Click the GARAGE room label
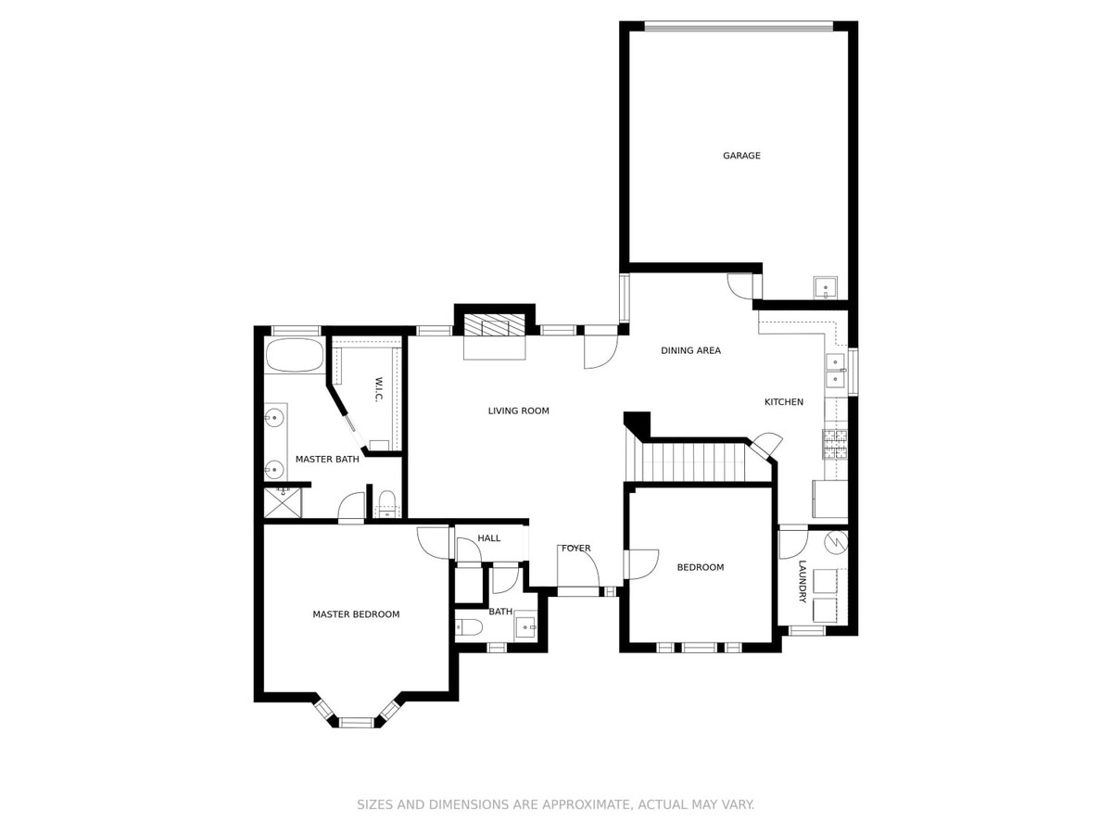pyautogui.click(x=741, y=156)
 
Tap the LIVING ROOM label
pyautogui.click(x=518, y=411)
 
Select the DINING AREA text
pyautogui.click(x=690, y=350)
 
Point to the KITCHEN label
pyautogui.click(x=784, y=402)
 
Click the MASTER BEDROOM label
pyautogui.click(x=356, y=614)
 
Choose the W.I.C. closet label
pyautogui.click(x=378, y=389)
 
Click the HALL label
pyautogui.click(x=489, y=538)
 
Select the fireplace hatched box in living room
pyautogui.click(x=495, y=324)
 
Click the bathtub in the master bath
pyautogui.click(x=295, y=355)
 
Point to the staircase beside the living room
pyautogui.click(x=686, y=460)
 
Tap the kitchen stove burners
pyautogui.click(x=835, y=444)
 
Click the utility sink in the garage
pyautogui.click(x=826, y=287)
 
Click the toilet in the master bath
pyautogui.click(x=387, y=503)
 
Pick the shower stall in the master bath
pyautogui.click(x=283, y=502)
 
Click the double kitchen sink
pyautogui.click(x=836, y=371)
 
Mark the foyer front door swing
pyautogui.click(x=578, y=566)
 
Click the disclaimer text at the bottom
pyautogui.click(x=556, y=804)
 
